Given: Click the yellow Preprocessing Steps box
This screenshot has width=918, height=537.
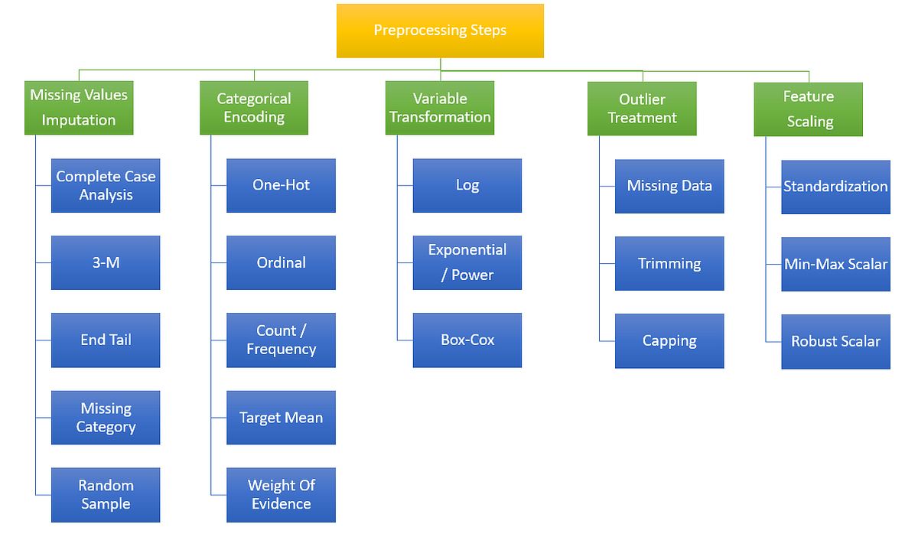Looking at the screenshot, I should coord(440,31).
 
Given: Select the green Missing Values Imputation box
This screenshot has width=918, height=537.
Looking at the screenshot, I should coord(79,108).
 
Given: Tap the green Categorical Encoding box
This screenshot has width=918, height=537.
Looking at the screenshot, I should coord(254,108).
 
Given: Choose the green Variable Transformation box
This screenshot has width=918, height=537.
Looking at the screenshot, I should coord(440,108).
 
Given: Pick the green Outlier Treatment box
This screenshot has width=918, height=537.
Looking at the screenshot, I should coord(642,109).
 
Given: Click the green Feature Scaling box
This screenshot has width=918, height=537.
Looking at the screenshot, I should coord(809,109).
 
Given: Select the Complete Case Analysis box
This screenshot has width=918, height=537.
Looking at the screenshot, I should coord(106,186).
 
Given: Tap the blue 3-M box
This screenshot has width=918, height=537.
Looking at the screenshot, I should coord(106,262).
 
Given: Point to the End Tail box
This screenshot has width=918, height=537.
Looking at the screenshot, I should coord(106,340).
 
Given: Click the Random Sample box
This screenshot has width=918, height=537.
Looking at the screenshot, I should coord(106,495).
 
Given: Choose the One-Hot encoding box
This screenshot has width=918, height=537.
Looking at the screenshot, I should coord(281,186).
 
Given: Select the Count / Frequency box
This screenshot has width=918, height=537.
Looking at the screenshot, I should coord(281,340).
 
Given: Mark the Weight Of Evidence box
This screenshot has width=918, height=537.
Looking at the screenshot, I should coord(281,495).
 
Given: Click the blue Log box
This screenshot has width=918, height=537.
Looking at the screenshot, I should coord(467,186).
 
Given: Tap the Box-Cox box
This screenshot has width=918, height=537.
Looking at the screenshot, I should coord(467,340).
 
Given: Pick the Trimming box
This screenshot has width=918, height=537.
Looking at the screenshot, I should coord(669,263).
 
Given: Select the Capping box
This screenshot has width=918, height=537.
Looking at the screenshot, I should coord(669,341).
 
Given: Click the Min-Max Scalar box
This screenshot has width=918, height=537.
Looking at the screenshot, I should coord(835,264).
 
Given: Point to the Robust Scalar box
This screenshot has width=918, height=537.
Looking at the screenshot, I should coord(835,342).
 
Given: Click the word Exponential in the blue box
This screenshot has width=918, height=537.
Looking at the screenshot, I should coord(467,250).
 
